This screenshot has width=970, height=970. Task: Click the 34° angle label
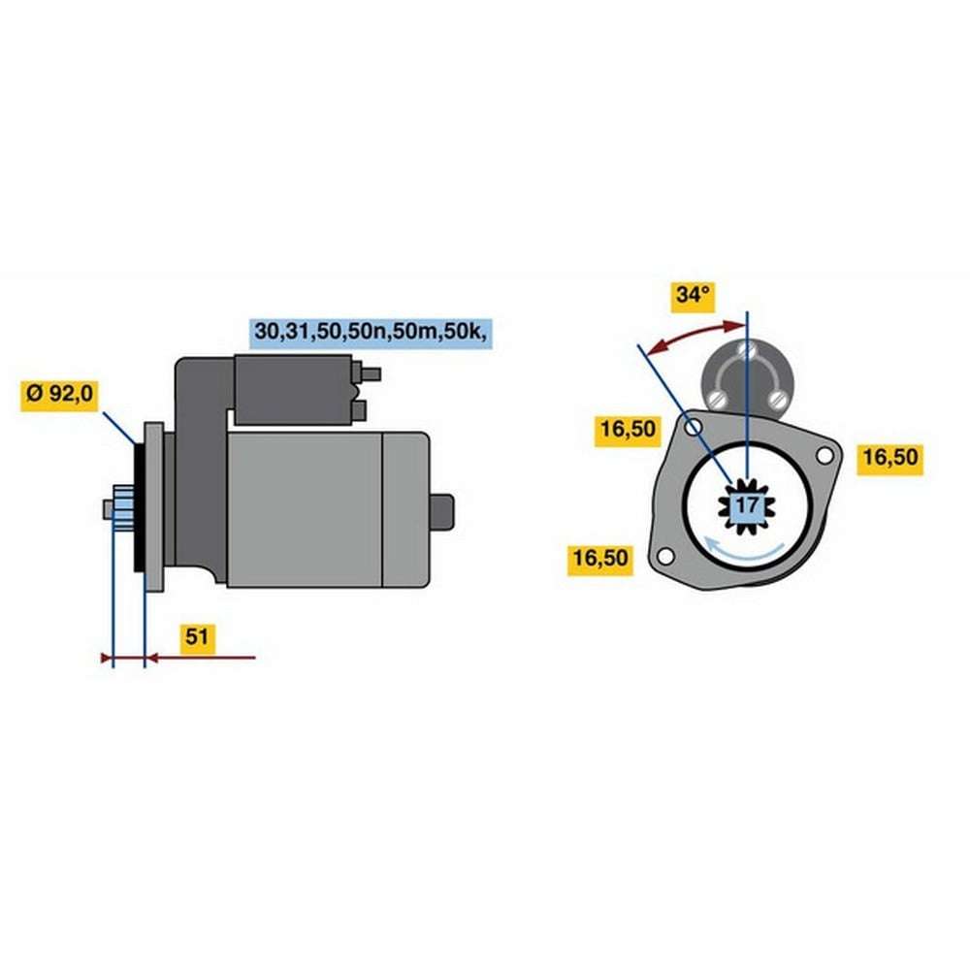tap(693, 295)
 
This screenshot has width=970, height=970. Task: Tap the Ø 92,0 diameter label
tap(59, 393)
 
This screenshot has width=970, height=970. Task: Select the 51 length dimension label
tap(197, 636)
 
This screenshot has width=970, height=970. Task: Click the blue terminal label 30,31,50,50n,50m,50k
tap(371, 332)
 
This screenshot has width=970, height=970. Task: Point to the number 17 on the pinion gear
tap(747, 505)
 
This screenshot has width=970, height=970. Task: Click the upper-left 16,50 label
tap(628, 429)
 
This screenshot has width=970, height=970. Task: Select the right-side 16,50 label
tap(889, 457)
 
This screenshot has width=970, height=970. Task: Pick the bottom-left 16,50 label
tap(600, 558)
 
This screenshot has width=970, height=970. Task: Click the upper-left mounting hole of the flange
tap(694, 428)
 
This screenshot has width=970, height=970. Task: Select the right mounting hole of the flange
tap(824, 456)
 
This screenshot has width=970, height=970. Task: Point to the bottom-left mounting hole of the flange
tap(665, 556)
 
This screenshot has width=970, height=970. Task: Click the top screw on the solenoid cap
tap(748, 350)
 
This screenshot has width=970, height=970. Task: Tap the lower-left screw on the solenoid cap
tap(717, 398)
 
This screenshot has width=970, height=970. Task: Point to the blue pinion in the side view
tap(123, 508)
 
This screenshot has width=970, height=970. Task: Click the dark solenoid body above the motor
tap(293, 390)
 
